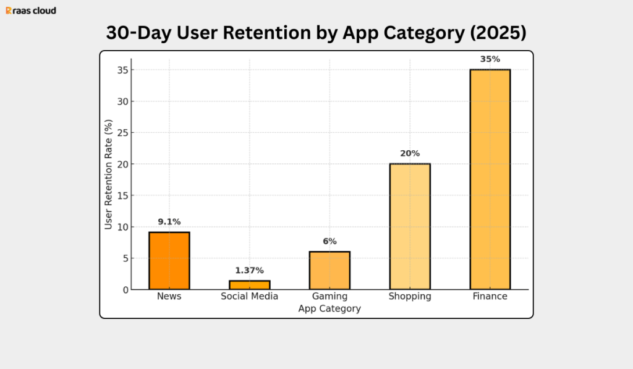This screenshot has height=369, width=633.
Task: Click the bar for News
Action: [x=169, y=261]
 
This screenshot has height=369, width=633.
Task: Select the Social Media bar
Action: [x=249, y=285]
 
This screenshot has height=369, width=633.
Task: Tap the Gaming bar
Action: [x=329, y=271]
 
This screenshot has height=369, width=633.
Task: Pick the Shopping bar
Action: [x=410, y=227]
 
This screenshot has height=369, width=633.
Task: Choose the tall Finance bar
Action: [x=490, y=179]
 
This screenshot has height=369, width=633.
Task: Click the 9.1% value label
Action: [x=169, y=222]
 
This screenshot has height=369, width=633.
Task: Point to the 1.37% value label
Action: [x=249, y=271]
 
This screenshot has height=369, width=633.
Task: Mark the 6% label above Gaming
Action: [x=329, y=242]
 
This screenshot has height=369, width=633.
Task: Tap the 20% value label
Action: [x=410, y=153]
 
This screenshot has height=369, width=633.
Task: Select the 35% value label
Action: [x=490, y=59]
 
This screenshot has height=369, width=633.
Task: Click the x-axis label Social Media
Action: [x=249, y=297]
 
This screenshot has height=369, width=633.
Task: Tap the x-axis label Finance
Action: [x=490, y=297]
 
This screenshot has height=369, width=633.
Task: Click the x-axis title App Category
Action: [x=329, y=308]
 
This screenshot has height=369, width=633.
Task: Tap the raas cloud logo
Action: [x=31, y=11]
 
